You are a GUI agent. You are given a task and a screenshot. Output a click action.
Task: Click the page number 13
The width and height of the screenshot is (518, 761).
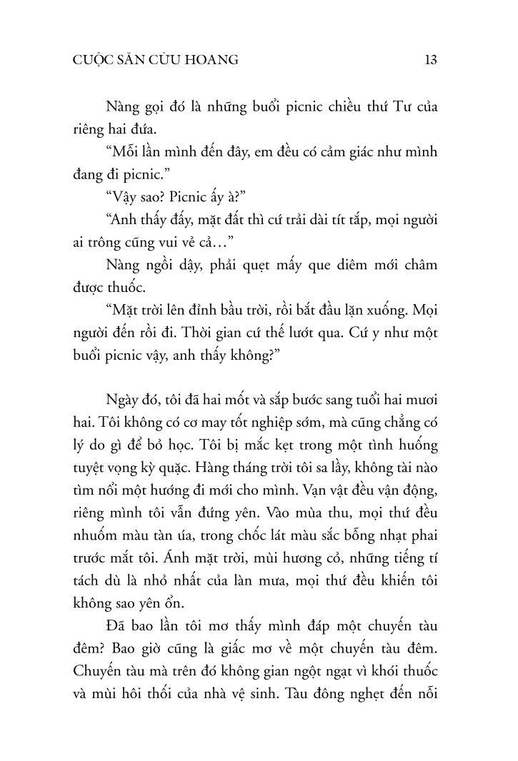point(430,60)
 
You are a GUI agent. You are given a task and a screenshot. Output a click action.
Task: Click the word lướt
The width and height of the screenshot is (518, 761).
point(294,334)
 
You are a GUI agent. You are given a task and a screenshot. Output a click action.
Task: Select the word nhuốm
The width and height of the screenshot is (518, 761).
point(95,538)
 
